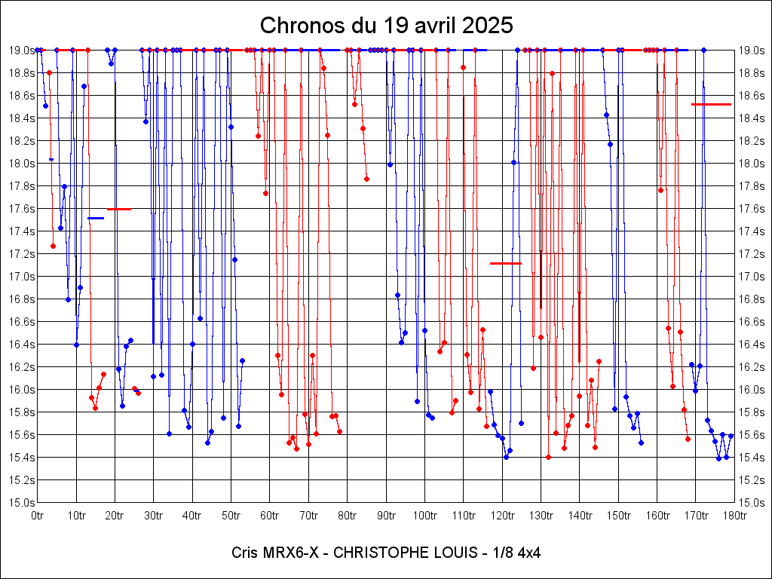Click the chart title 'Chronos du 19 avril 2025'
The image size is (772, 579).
(x=386, y=25)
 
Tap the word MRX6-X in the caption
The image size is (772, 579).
(x=290, y=553)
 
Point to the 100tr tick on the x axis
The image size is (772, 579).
(x=424, y=515)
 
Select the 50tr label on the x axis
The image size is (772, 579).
(x=231, y=515)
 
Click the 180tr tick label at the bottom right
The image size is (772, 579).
(x=734, y=515)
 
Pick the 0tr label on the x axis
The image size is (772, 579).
(x=38, y=515)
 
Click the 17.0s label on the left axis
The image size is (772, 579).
(x=21, y=276)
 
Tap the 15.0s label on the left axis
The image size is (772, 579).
(x=21, y=502)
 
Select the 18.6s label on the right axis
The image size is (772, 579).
(x=752, y=95)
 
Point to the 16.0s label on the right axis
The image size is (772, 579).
(x=752, y=389)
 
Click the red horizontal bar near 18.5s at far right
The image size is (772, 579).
(x=711, y=104)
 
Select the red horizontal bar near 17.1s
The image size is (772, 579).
(x=505, y=263)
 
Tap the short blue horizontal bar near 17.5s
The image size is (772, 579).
(x=95, y=218)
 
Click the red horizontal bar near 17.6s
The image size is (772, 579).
(x=118, y=209)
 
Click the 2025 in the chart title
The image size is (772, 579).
(x=488, y=25)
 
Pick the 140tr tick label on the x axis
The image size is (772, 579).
(x=579, y=515)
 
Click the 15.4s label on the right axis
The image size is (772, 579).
(x=752, y=457)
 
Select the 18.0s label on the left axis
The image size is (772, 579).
(x=21, y=163)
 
